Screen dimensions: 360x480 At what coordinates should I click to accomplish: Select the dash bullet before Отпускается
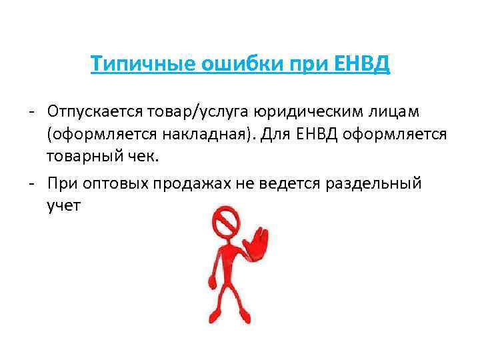[x=31, y=110]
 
